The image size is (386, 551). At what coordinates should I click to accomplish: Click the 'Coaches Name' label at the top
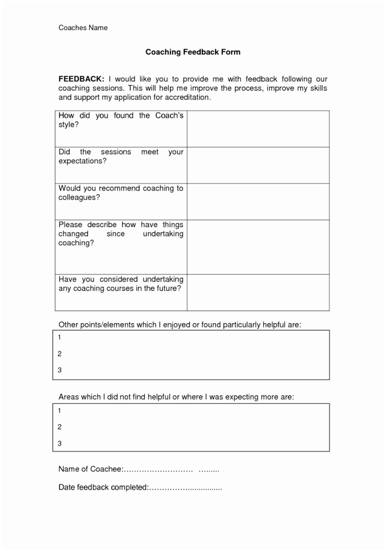click(x=83, y=28)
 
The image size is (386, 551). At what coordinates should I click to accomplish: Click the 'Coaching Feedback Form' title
click(x=193, y=52)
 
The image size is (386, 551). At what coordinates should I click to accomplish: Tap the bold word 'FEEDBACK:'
click(x=81, y=79)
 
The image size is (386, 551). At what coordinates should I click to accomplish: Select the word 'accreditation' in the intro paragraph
click(x=187, y=97)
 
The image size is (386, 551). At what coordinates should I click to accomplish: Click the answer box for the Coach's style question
click(x=258, y=129)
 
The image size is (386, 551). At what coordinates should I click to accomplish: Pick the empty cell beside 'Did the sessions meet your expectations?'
click(x=258, y=165)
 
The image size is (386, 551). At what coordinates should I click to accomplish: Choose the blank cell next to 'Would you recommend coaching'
click(x=258, y=202)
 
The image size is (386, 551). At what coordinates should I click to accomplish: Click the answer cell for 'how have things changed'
click(x=258, y=247)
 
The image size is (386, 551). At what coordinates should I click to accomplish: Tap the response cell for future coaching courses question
click(x=258, y=293)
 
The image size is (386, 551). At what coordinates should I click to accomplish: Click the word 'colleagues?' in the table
click(x=79, y=198)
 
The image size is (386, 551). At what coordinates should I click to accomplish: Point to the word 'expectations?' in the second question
click(x=83, y=161)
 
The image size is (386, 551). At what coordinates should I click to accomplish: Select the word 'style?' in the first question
click(x=69, y=125)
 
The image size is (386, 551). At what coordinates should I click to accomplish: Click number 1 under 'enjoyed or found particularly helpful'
click(x=60, y=337)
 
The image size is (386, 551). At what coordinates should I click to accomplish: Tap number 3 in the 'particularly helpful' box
click(x=60, y=370)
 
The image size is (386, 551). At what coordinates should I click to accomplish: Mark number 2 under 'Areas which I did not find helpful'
click(x=60, y=427)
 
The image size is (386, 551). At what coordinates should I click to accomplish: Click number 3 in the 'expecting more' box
click(x=60, y=443)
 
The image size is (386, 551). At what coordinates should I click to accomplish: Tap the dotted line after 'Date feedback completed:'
click(x=185, y=488)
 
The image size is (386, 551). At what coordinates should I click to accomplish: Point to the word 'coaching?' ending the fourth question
click(x=76, y=243)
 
